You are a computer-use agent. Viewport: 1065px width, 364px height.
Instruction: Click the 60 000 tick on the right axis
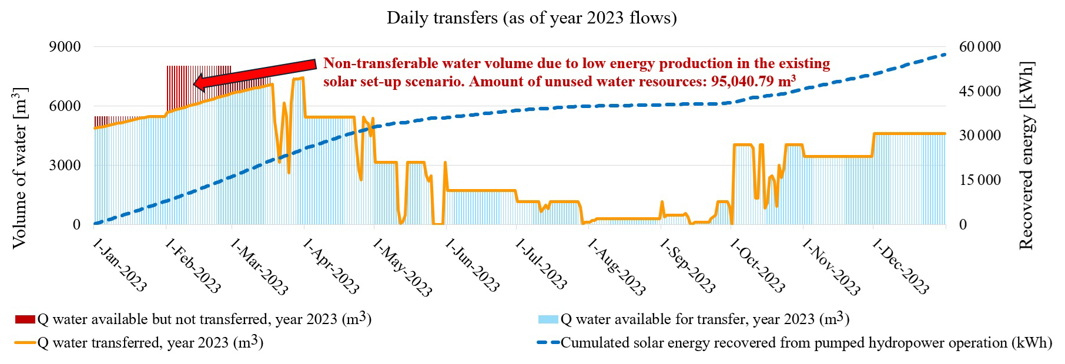tap(980, 47)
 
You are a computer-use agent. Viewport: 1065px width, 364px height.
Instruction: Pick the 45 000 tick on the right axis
tap(980, 92)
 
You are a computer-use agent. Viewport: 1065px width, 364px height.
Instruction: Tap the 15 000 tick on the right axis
tap(980, 180)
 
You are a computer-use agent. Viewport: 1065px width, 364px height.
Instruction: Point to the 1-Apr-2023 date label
tap(330, 265)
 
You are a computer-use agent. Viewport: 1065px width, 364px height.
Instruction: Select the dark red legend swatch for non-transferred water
tap(25, 319)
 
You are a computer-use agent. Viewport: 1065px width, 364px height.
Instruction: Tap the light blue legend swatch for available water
tap(548, 319)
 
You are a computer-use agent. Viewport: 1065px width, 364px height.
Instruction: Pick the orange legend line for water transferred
tap(25, 343)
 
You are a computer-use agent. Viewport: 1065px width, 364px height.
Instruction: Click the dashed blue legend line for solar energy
tap(548, 343)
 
